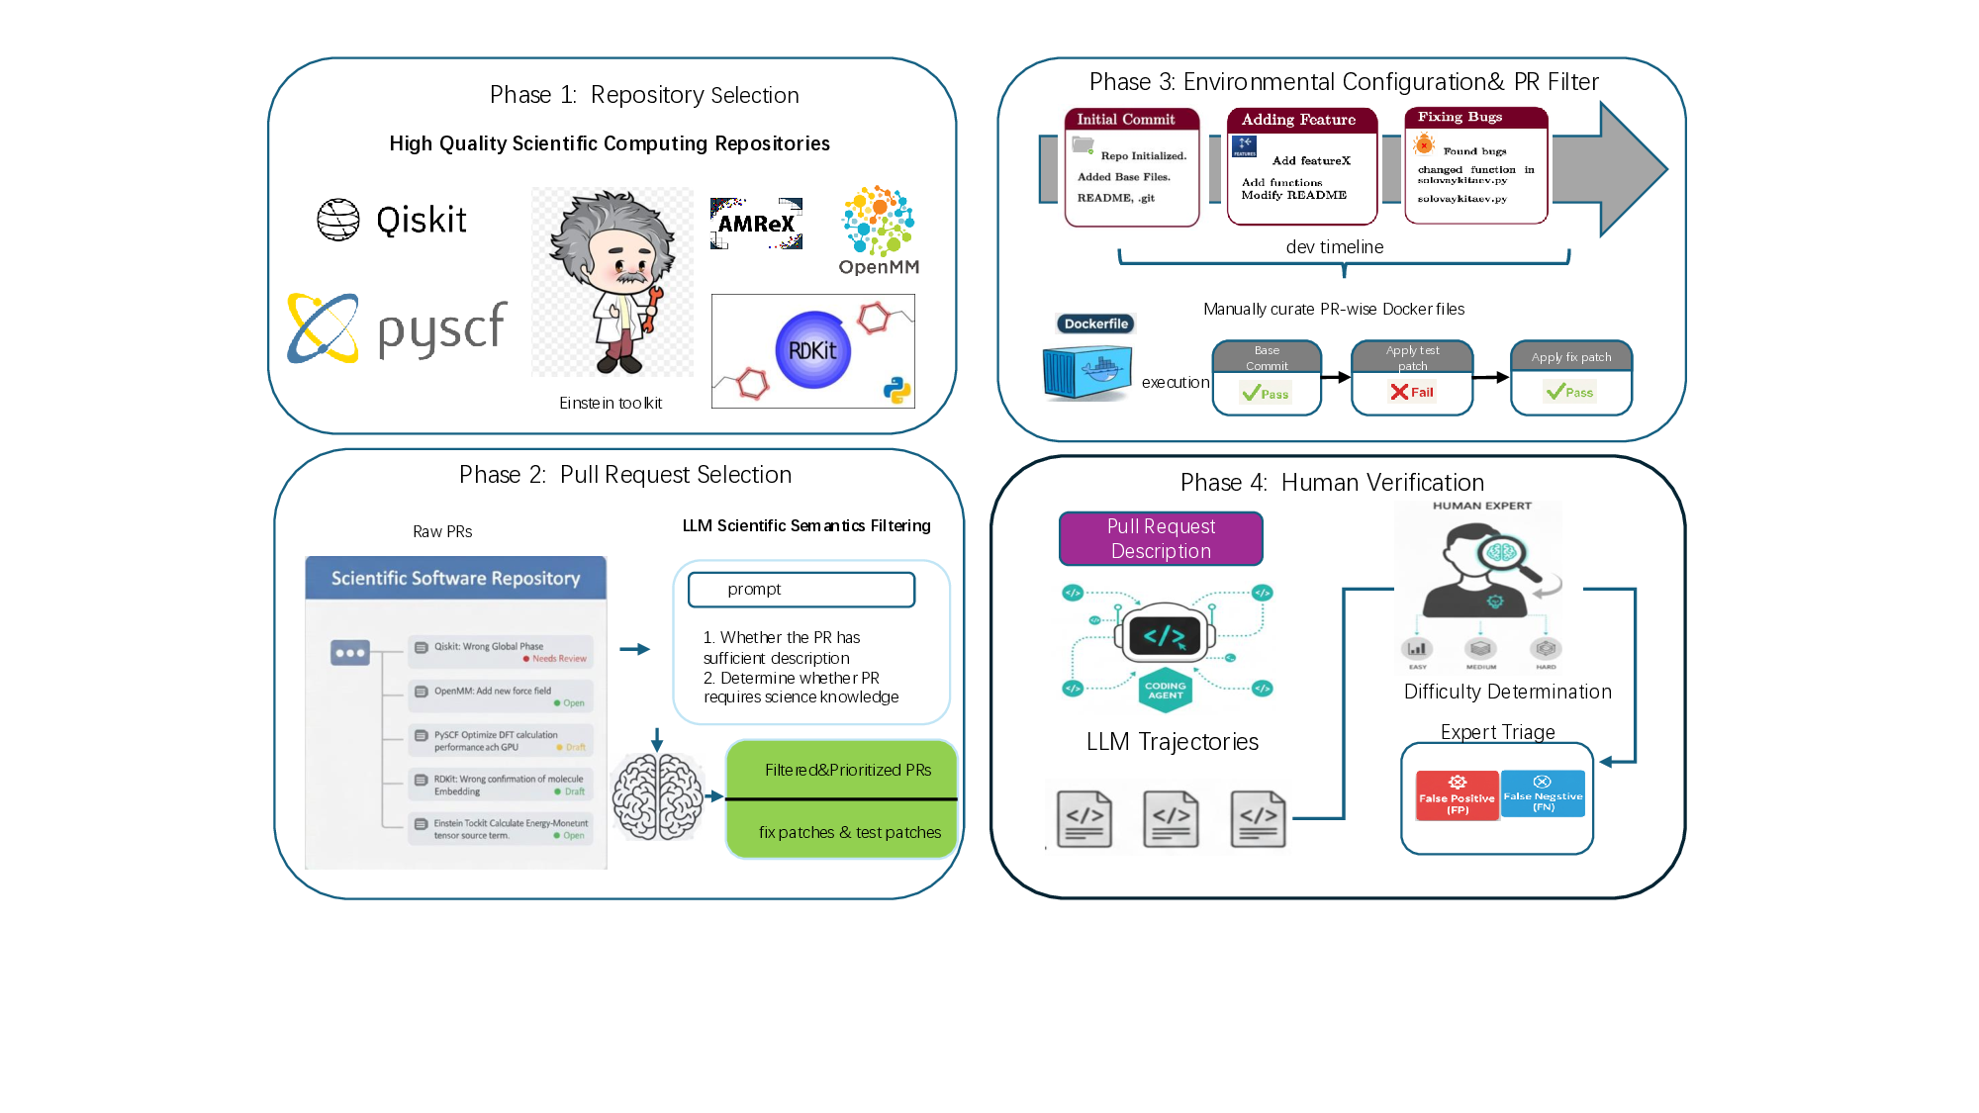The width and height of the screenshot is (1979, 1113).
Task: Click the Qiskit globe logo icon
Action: click(x=338, y=220)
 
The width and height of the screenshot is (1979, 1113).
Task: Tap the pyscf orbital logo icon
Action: click(x=323, y=328)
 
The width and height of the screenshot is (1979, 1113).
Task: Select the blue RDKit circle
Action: click(x=812, y=350)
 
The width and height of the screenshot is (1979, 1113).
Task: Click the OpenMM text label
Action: click(x=879, y=267)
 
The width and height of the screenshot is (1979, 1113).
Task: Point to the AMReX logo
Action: click(x=756, y=224)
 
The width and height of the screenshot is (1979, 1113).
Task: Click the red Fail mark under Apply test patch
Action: click(x=1412, y=392)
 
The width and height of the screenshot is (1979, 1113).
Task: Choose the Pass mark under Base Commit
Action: click(x=1266, y=394)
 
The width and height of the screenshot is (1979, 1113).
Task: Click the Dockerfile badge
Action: click(x=1095, y=324)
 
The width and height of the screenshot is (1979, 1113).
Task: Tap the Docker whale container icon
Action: click(x=1087, y=373)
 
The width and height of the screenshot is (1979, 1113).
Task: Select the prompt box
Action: click(x=801, y=590)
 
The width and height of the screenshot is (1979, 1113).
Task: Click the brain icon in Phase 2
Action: click(x=657, y=796)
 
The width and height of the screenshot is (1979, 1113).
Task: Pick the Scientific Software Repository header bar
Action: click(x=455, y=578)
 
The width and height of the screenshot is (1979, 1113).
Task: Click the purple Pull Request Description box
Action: click(x=1161, y=539)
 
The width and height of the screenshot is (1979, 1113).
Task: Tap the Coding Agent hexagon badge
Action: click(x=1165, y=690)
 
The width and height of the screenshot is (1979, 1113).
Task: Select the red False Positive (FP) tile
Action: click(x=1457, y=795)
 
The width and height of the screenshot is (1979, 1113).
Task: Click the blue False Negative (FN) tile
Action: click(x=1543, y=793)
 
